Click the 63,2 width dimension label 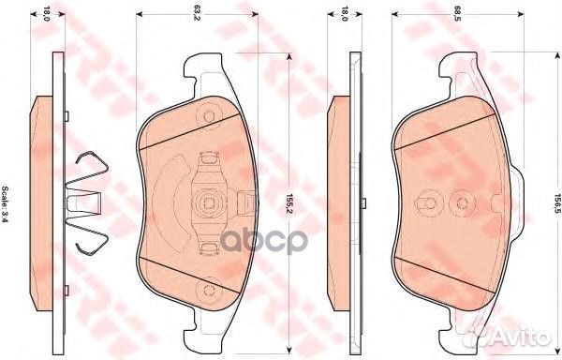196,15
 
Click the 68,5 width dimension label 456,15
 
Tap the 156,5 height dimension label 556,204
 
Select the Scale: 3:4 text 6,204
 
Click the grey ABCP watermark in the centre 264,241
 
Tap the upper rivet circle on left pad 209,116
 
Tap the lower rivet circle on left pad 209,291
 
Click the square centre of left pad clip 209,203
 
